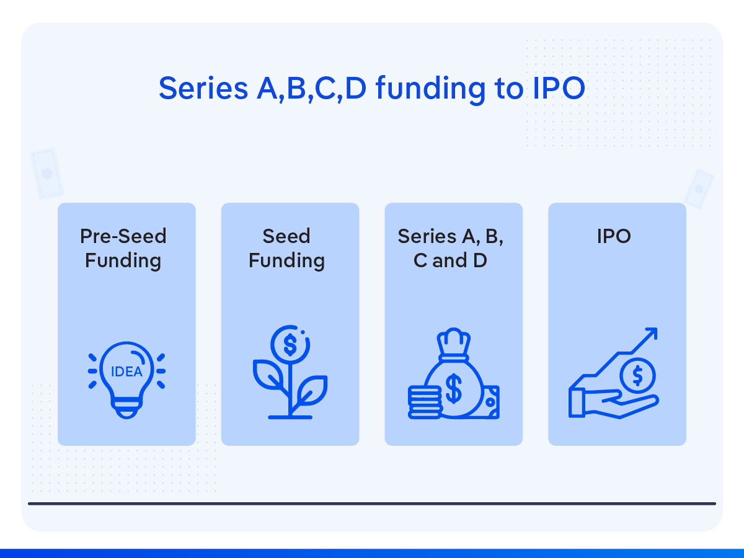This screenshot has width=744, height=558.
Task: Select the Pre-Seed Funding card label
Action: [123, 248]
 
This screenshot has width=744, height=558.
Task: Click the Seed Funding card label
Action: [286, 248]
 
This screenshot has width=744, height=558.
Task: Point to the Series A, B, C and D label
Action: [451, 248]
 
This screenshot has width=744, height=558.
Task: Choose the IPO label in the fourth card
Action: [614, 236]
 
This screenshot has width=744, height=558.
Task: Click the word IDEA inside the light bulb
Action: [126, 372]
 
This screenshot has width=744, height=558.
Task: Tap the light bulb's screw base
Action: [126, 409]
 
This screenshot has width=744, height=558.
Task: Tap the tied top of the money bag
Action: [454, 343]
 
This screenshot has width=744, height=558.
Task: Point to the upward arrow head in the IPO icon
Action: [650, 335]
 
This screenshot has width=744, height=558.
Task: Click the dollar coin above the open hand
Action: [637, 374]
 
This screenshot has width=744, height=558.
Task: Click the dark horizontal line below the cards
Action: [372, 503]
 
